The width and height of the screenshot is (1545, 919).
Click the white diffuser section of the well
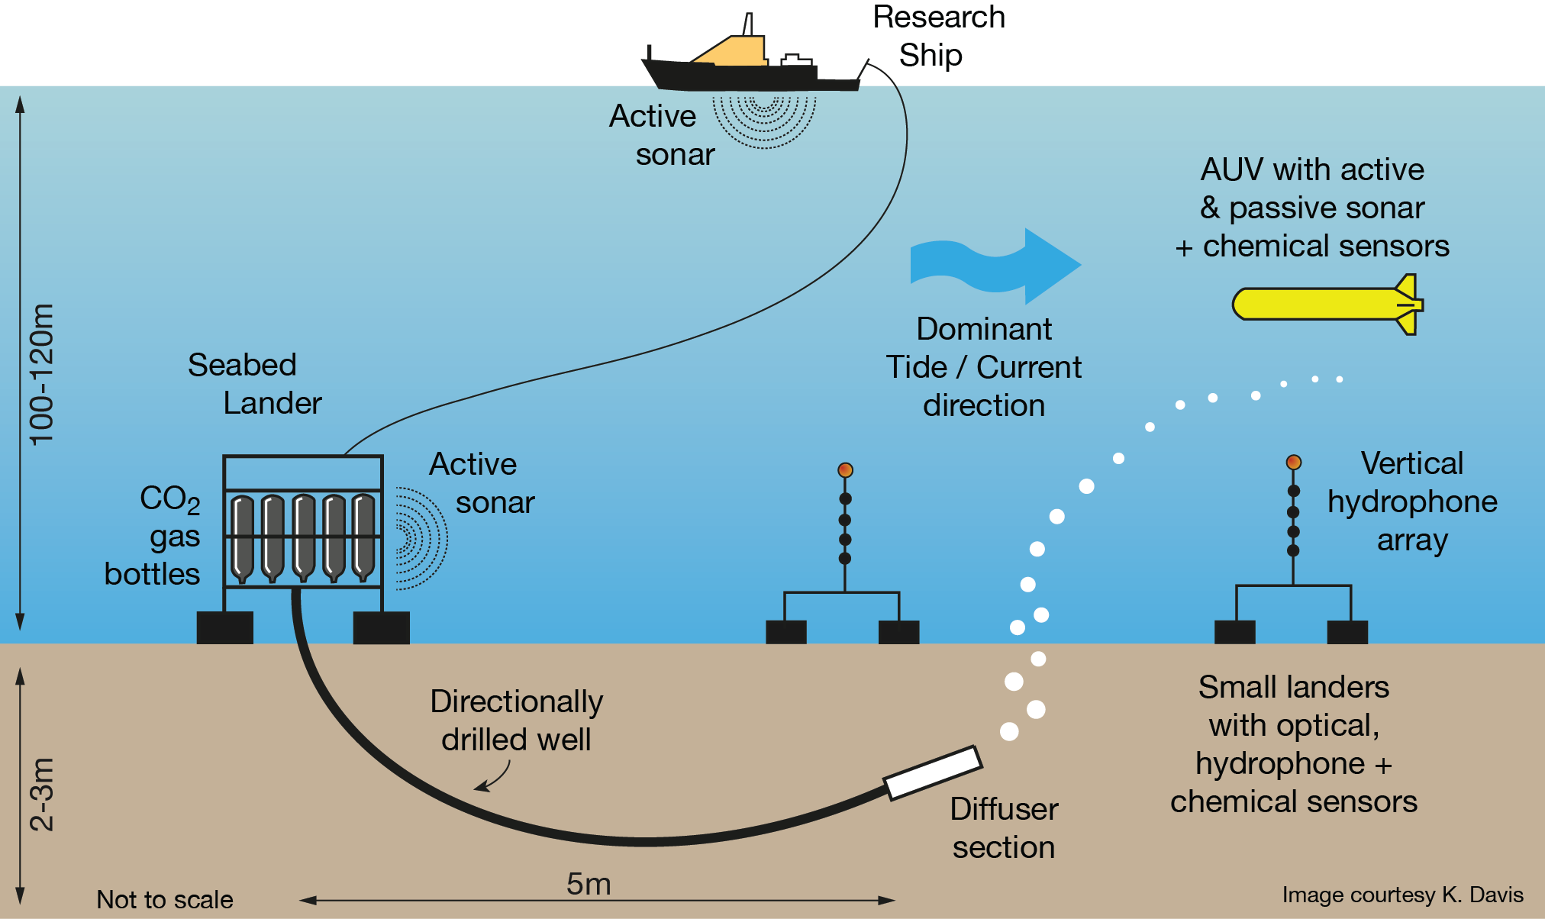tap(933, 772)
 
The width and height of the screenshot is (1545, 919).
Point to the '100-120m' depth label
tap(42, 374)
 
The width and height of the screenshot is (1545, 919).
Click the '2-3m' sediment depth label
tap(42, 794)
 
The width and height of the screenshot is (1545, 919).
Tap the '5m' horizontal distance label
tap(589, 884)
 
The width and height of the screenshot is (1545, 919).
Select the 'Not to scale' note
tap(165, 899)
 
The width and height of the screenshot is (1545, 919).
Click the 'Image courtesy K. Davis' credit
tap(1402, 895)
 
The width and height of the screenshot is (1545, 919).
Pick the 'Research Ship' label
tap(938, 36)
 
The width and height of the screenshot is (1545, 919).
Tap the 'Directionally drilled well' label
tap(517, 720)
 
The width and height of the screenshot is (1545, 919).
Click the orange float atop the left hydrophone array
tap(845, 470)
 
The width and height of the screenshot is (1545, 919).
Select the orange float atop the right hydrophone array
tap(1293, 462)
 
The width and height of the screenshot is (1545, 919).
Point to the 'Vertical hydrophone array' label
tap(1412, 501)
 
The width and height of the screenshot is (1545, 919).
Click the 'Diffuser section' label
tap(1004, 827)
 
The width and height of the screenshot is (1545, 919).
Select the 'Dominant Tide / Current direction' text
tap(984, 367)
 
